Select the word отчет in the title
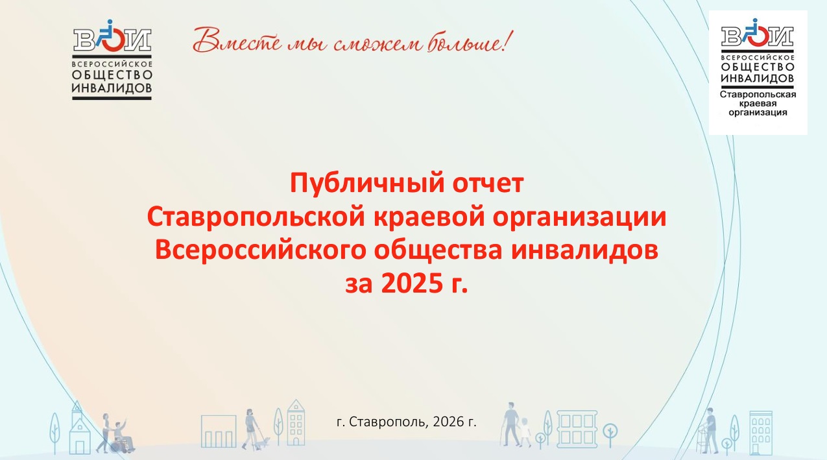488,184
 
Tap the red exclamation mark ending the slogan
508,41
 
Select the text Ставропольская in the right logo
758,95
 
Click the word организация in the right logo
758,113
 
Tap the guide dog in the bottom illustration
263,442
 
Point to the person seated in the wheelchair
122,435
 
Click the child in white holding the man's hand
524,432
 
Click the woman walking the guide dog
252,429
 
